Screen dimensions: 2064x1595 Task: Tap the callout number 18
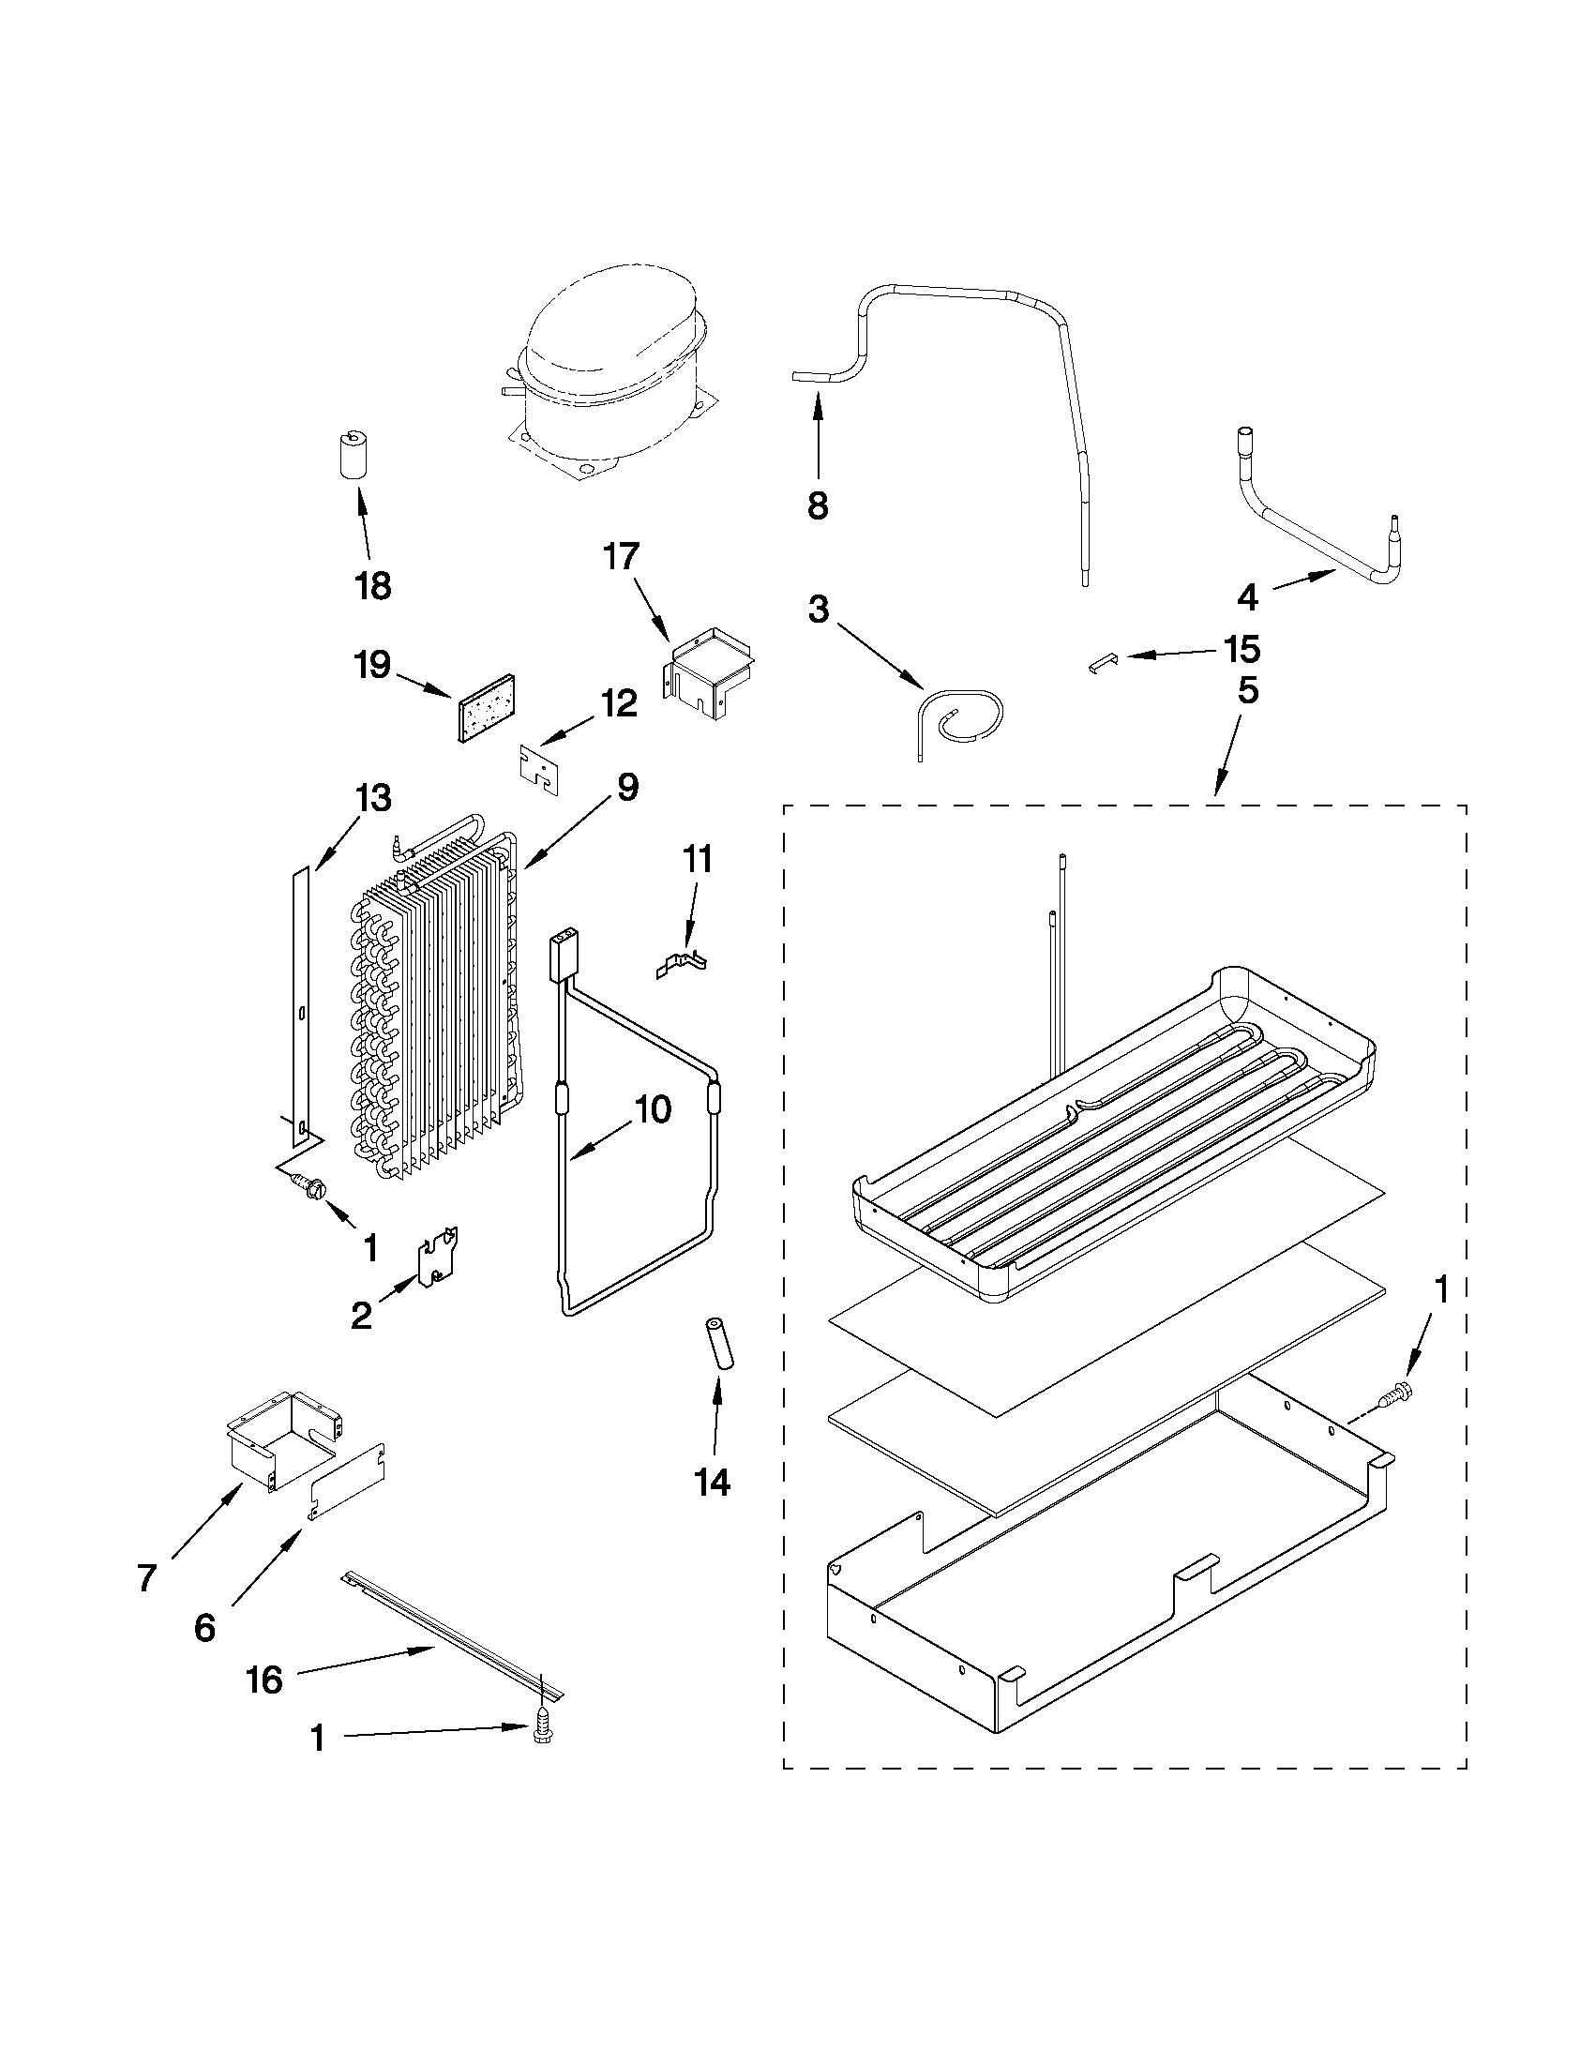tap(374, 585)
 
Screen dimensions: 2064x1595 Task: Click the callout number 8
tap(818, 505)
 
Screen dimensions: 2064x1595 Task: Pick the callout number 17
tap(622, 556)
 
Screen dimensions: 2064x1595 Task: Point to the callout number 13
tap(373, 798)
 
